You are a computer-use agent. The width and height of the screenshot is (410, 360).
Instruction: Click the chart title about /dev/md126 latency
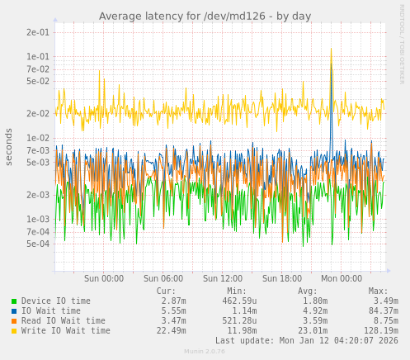(205, 16)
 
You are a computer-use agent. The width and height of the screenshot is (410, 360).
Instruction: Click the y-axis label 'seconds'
(9, 146)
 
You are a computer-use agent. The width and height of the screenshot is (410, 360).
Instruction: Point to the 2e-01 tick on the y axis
(38, 32)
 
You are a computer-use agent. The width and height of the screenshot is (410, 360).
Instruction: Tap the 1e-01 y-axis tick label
(38, 56)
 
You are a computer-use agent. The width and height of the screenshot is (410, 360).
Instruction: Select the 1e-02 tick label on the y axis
(38, 138)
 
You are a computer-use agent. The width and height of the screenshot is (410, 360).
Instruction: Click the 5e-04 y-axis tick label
(38, 244)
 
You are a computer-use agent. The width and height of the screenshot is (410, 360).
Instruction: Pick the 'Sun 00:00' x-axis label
(104, 279)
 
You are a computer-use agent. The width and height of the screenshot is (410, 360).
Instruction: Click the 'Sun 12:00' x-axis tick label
(223, 279)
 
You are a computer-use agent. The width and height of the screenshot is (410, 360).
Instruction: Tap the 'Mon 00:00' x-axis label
(342, 279)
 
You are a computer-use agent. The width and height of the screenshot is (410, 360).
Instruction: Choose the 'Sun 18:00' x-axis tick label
(282, 279)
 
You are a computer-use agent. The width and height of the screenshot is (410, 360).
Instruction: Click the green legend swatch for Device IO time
(14, 301)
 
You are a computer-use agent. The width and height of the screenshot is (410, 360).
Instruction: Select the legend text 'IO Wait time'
(51, 311)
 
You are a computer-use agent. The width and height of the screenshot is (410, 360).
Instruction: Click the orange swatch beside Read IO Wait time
(14, 321)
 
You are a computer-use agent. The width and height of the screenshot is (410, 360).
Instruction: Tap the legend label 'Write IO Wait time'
(66, 331)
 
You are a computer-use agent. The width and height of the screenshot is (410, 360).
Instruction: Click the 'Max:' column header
(378, 291)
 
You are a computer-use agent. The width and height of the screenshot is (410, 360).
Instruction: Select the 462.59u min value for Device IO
(240, 301)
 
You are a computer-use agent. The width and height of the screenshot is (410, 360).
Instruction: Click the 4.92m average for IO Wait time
(304, 311)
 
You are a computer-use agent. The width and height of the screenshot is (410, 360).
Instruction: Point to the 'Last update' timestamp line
(306, 340)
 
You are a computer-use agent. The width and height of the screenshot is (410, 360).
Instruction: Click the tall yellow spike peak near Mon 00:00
(332, 50)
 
